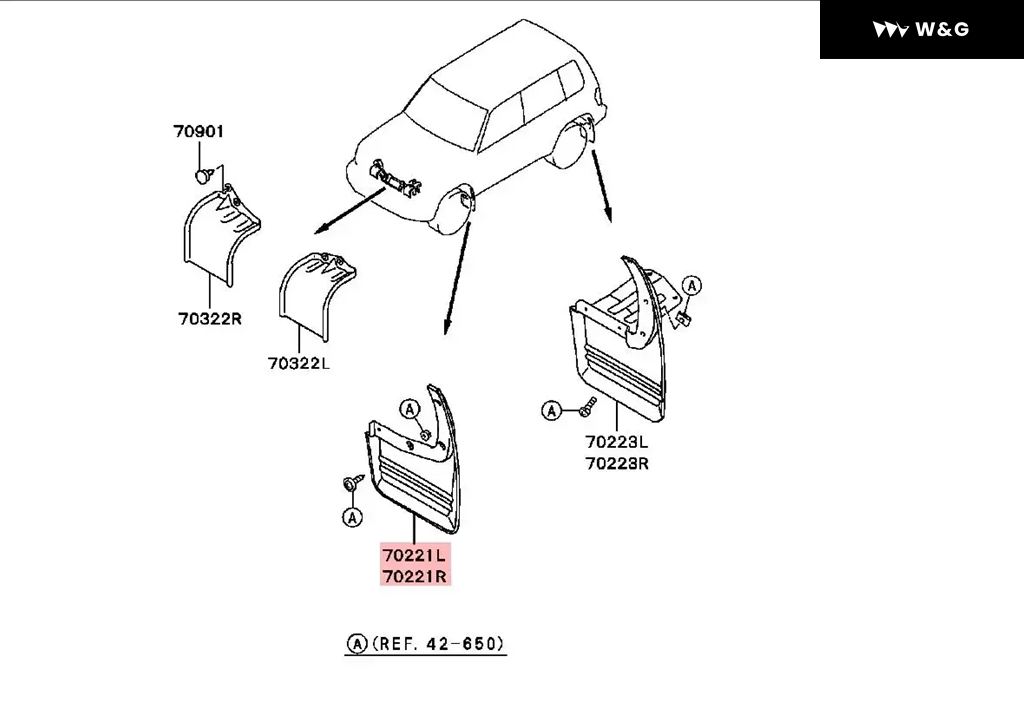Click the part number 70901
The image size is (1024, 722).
click(199, 131)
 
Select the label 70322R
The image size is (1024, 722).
click(210, 319)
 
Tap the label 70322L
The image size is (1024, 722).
click(299, 363)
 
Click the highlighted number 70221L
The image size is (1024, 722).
click(414, 555)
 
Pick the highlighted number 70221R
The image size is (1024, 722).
click(415, 576)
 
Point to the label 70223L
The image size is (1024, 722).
click(616, 442)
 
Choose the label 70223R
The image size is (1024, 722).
click(617, 463)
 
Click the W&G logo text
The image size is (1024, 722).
click(942, 29)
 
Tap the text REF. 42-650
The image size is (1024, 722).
click(438, 644)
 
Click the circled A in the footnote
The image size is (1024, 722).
click(357, 644)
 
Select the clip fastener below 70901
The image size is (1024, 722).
click(204, 174)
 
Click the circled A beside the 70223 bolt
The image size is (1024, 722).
click(552, 411)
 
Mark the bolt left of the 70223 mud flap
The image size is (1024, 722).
click(587, 407)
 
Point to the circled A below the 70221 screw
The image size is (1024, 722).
click(352, 518)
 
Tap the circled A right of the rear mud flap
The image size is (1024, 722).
click(692, 285)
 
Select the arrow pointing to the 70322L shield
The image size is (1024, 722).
click(350, 210)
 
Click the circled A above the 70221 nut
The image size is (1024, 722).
click(409, 409)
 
